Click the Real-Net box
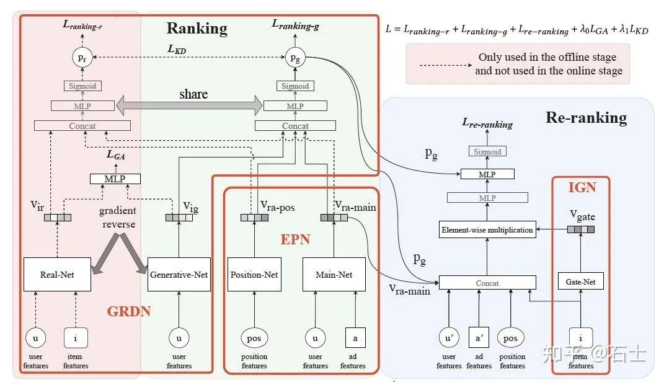click(57, 274)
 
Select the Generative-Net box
click(179, 274)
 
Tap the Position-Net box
click(254, 274)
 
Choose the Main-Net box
click(334, 274)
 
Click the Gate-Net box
click(581, 282)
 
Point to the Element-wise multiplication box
click(487, 229)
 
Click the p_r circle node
click(81, 58)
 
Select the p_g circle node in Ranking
click(295, 58)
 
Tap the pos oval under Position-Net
click(254, 338)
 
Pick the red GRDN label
click(128, 311)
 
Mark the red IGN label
click(582, 187)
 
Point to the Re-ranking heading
click(586, 117)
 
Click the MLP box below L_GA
click(115, 179)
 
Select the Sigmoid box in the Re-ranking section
click(487, 151)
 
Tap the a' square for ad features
click(479, 338)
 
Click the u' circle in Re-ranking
click(449, 338)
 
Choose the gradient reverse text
click(118, 218)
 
